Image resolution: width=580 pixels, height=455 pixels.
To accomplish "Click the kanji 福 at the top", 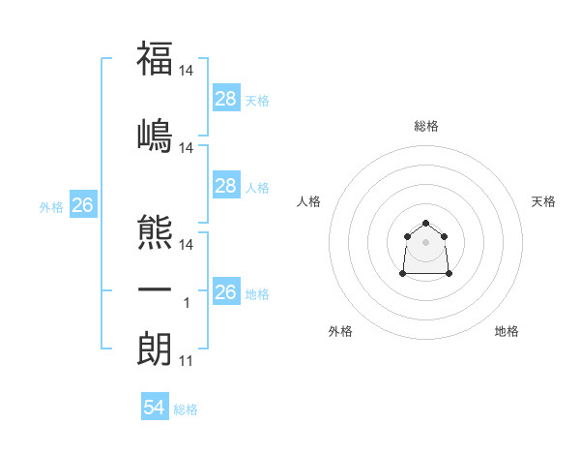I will [x=155, y=58].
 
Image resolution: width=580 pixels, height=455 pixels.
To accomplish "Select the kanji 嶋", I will [x=155, y=136].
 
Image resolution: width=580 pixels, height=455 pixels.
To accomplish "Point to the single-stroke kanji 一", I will [x=155, y=291].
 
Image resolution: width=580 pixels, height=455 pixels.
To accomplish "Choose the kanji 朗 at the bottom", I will [x=155, y=347].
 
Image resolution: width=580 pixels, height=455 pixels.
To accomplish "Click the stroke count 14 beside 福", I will [x=187, y=71].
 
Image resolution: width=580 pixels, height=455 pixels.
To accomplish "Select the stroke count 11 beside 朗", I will [x=187, y=362].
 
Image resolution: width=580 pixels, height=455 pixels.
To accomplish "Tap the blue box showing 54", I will [x=155, y=408].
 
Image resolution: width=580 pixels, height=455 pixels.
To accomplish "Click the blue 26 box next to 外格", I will [x=82, y=205].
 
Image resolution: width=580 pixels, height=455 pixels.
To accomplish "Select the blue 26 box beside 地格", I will [x=225, y=292].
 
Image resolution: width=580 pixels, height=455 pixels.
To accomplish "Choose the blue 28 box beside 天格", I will [x=225, y=99].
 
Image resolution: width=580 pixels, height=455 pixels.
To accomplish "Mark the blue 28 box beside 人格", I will [x=225, y=186].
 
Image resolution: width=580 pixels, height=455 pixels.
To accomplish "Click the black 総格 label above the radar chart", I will [x=425, y=127].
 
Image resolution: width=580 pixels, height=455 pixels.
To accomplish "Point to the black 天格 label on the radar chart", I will [x=543, y=201].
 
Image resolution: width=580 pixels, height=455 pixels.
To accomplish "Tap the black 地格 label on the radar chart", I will [x=507, y=331].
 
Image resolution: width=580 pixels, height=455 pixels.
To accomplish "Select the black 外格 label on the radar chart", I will [x=340, y=331].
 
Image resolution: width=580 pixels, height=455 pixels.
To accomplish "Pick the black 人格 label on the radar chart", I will [x=308, y=201].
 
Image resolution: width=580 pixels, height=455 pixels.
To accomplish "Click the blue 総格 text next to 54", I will [x=186, y=409].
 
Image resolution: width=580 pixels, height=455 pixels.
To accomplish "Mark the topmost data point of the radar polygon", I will [x=425, y=224].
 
